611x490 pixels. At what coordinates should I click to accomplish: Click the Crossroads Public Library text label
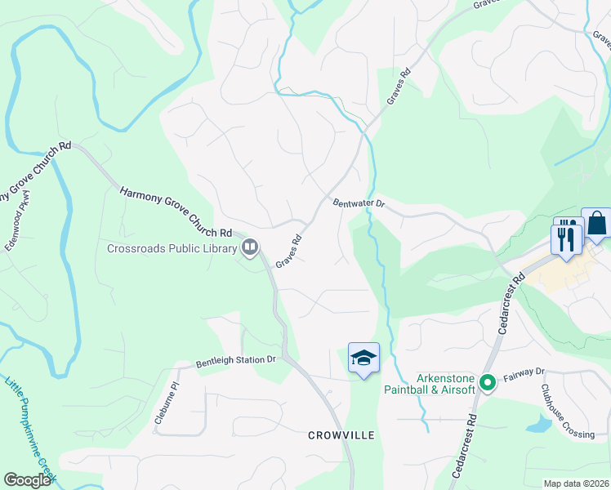pos(172,248)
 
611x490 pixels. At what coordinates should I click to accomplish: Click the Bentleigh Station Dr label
pos(237,360)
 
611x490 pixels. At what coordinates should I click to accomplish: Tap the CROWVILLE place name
pos(341,435)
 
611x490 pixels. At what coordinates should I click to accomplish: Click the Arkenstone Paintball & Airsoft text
pos(434,384)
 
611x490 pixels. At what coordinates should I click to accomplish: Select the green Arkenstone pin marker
pos(488,382)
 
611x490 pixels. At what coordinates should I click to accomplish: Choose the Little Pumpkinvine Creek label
pos(31,427)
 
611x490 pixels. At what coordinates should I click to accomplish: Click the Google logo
pos(28,480)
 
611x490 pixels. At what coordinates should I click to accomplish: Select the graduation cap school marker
pos(364,358)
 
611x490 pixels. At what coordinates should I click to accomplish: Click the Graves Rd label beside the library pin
pos(289,252)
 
